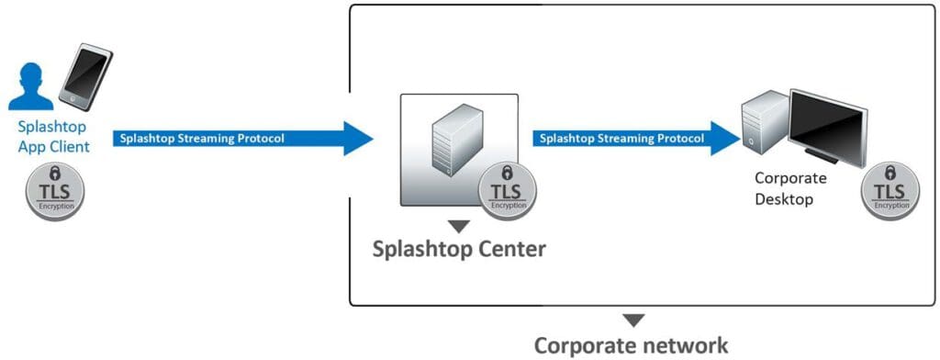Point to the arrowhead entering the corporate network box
click(356, 139)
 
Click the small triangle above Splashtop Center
click(459, 225)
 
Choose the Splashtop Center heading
click(459, 249)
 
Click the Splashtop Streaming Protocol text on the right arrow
click(621, 139)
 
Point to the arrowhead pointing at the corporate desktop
click(725, 139)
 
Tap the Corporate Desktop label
click(789, 187)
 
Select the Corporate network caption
click(632, 345)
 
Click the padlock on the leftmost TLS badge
click(56, 174)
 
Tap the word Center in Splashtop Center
click(510, 249)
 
